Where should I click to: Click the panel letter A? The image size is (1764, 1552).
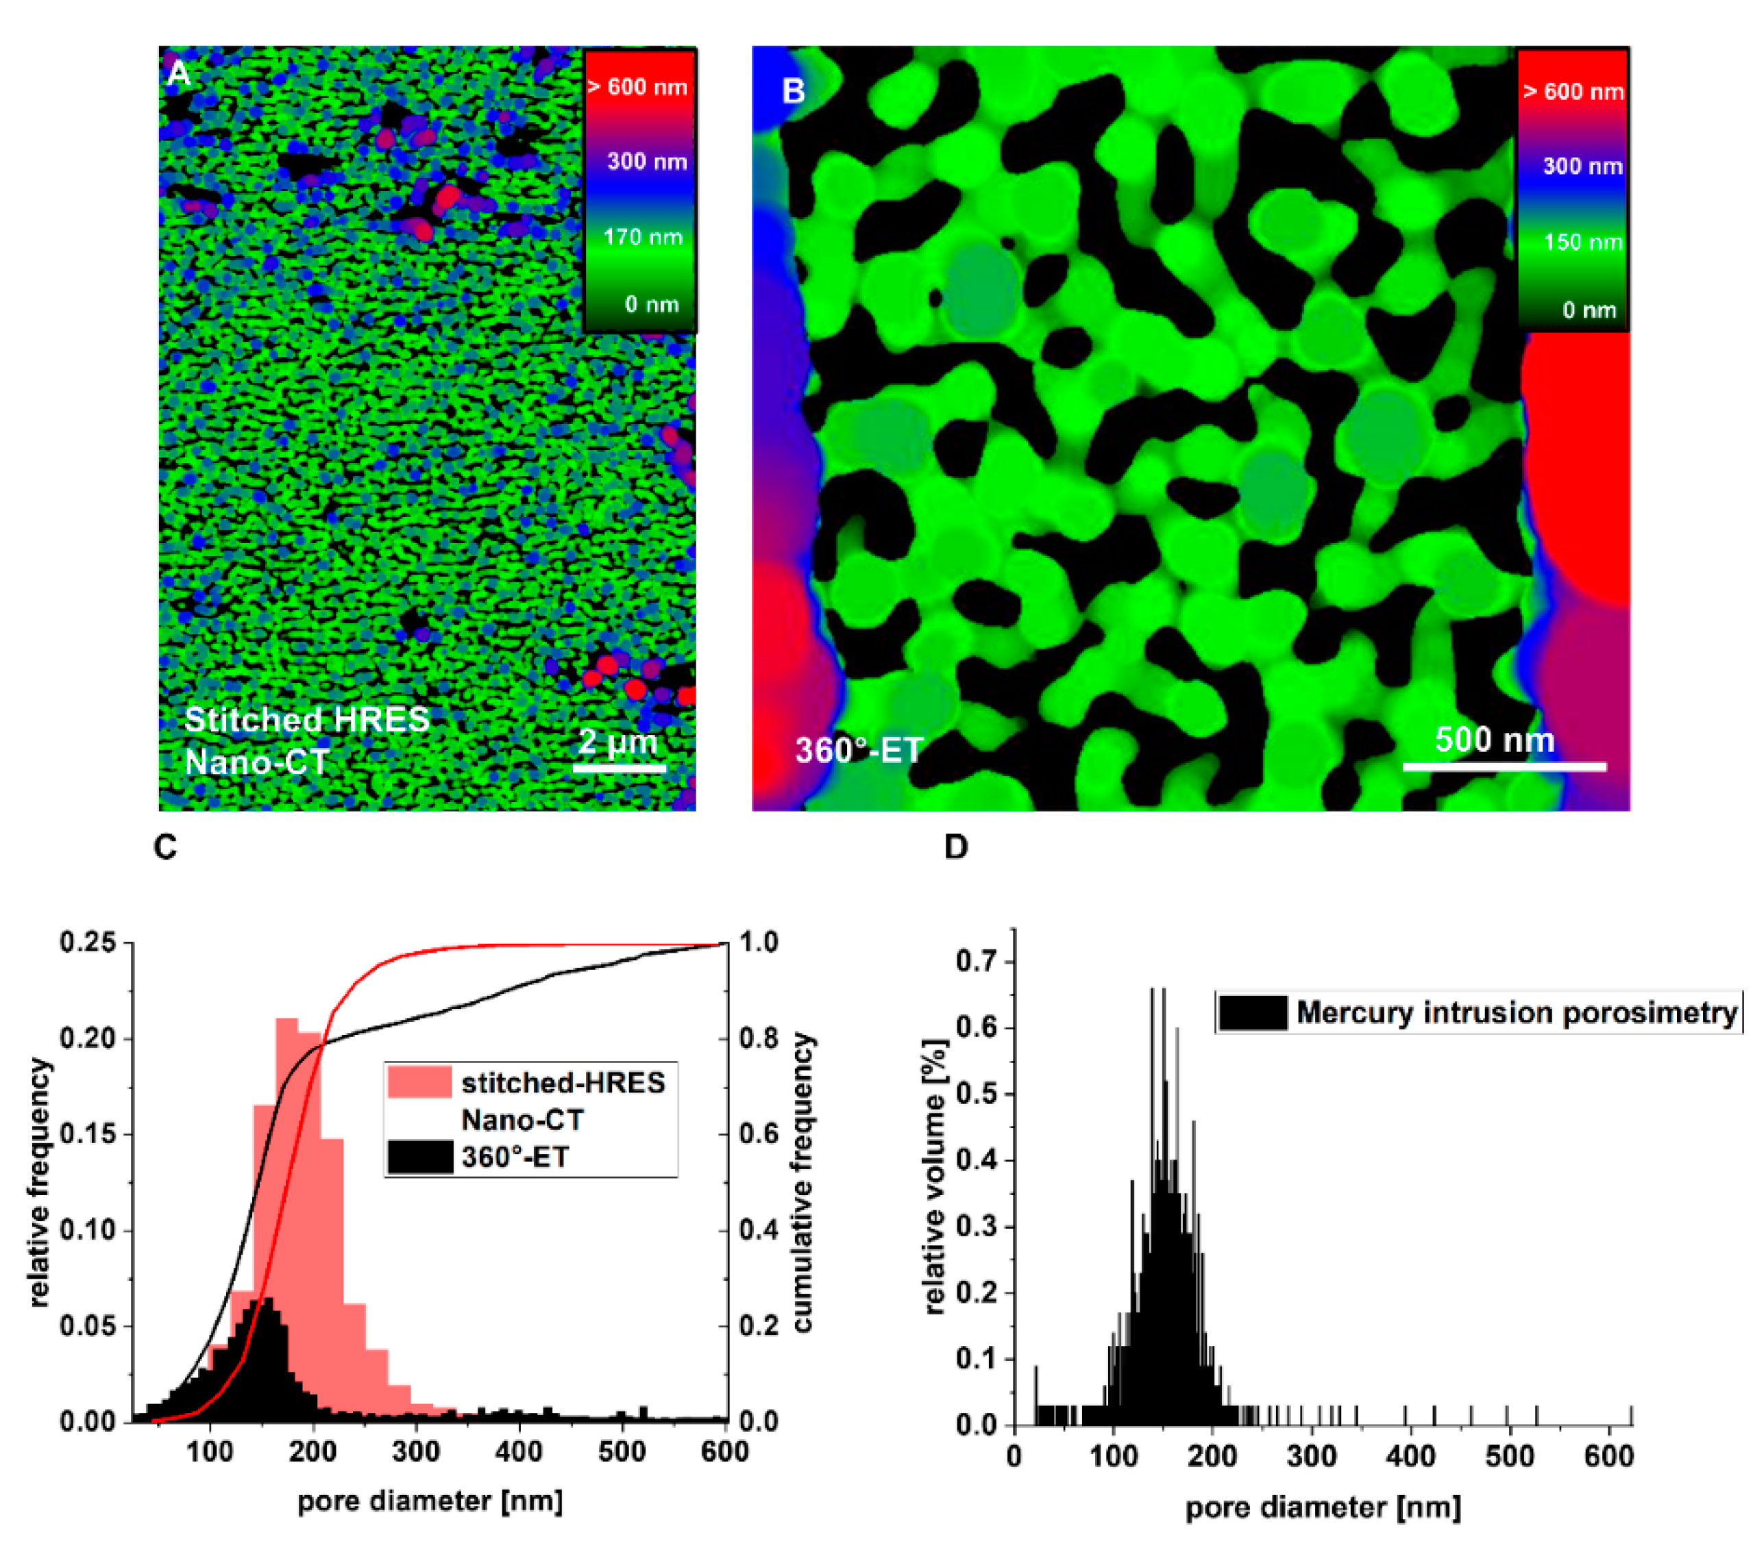point(177,73)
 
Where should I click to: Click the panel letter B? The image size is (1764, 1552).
point(793,90)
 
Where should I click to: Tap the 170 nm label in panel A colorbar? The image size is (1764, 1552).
point(642,236)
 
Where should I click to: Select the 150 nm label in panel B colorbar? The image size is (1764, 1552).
point(1582,242)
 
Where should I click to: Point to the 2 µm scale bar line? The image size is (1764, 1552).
point(620,767)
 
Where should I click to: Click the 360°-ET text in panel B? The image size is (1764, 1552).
point(859,750)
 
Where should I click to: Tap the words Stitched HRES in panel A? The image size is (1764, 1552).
point(306,718)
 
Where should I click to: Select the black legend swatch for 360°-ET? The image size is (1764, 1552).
point(419,1157)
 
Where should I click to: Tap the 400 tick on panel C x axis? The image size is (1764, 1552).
point(519,1451)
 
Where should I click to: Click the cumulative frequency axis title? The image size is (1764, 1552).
point(803,1182)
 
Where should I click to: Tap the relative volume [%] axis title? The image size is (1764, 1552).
point(935,1177)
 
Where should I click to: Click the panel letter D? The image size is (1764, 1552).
point(955,847)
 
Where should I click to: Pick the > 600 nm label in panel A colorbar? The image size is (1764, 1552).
point(638,87)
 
